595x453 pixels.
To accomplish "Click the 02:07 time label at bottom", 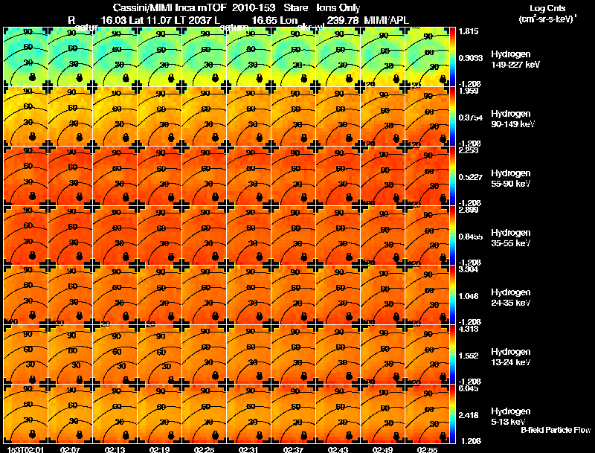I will [71, 449].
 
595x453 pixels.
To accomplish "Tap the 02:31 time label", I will [249, 449].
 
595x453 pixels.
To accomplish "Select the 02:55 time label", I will [428, 449].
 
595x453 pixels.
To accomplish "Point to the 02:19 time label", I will [160, 449].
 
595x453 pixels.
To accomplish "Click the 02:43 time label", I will [338, 449].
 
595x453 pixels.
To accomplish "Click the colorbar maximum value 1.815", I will [469, 32].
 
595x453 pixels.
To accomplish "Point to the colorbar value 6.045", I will [469, 388].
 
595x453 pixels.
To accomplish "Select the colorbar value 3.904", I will [469, 270].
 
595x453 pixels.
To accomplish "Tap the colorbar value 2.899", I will [469, 211].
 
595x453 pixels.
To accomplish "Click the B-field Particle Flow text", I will [556, 430].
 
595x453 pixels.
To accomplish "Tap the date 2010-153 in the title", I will [251, 7].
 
